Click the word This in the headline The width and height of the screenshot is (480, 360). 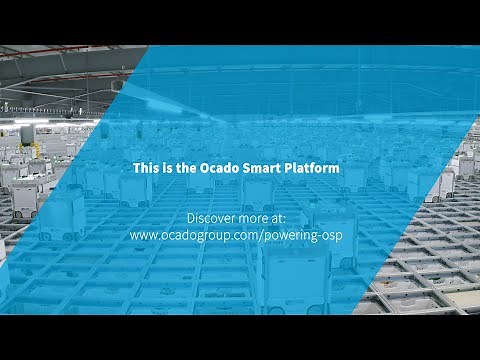coord(147,169)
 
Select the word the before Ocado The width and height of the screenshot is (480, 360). coord(188,169)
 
